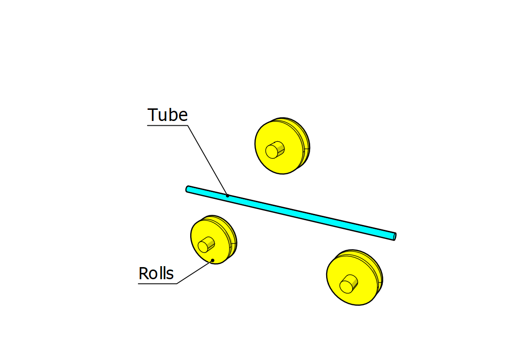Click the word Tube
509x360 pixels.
pos(167,115)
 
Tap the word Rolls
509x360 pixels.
pos(156,273)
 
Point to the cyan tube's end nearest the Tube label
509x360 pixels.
pos(188,189)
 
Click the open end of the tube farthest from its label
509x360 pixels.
pos(394,236)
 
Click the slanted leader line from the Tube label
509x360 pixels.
pos(207,160)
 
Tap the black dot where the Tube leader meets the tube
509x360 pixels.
pos(227,196)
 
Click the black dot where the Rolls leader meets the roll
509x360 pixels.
pos(212,260)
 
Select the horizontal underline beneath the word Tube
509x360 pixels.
pos(167,125)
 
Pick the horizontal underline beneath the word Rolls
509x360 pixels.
pos(157,284)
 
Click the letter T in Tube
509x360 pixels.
pos(152,115)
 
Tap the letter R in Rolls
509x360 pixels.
pos(143,273)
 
